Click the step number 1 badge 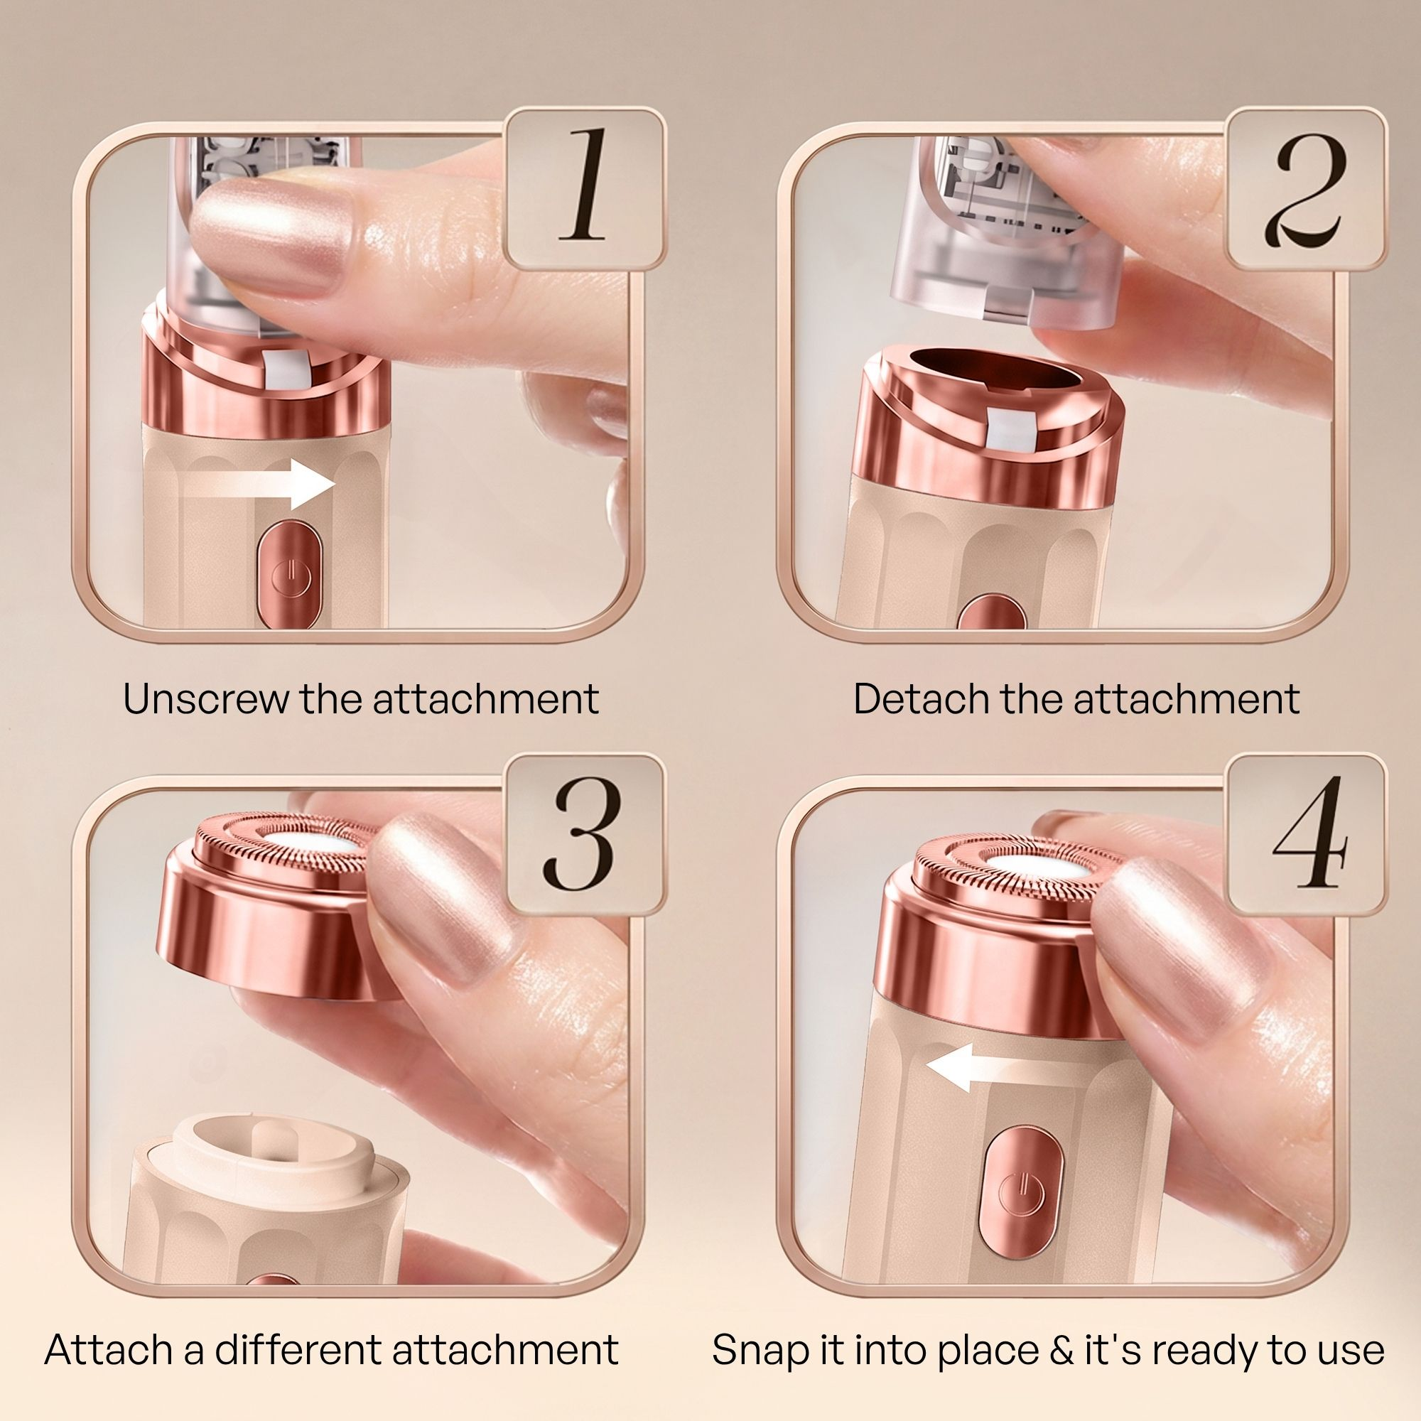pos(586,188)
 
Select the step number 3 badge pos(586,833)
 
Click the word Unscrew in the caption pos(206,698)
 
